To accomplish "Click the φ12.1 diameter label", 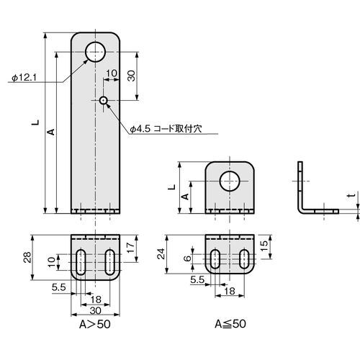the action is [x=24, y=78].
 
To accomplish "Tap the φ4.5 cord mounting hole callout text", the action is [x=166, y=129].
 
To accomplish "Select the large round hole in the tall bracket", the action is [x=95, y=52].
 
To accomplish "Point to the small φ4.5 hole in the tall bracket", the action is [x=104, y=100].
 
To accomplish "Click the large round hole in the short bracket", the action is [x=230, y=181].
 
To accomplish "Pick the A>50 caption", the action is [x=95, y=325].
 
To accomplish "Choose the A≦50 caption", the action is [x=230, y=324].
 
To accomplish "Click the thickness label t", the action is [x=351, y=195].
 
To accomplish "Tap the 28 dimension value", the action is [x=27, y=257].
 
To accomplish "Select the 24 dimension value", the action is [x=161, y=254].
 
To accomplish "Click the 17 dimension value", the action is [x=130, y=248].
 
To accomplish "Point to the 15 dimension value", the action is [x=264, y=246].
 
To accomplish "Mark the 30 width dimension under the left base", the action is [x=95, y=310].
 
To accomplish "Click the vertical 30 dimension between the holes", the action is [x=131, y=76].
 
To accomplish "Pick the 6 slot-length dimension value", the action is [x=187, y=258].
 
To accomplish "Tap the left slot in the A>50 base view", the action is [x=81, y=262].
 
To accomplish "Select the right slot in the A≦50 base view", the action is [x=244, y=259].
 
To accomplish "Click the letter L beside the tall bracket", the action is [x=36, y=122].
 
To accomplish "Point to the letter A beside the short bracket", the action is [x=185, y=197].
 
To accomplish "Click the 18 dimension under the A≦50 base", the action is [x=230, y=291].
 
